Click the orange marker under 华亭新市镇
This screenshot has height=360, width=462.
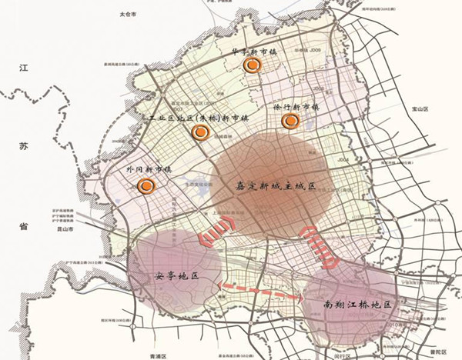249,66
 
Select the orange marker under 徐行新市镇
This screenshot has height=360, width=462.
290,121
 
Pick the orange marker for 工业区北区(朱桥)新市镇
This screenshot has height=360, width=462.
199,132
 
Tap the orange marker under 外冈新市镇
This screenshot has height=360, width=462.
145,185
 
